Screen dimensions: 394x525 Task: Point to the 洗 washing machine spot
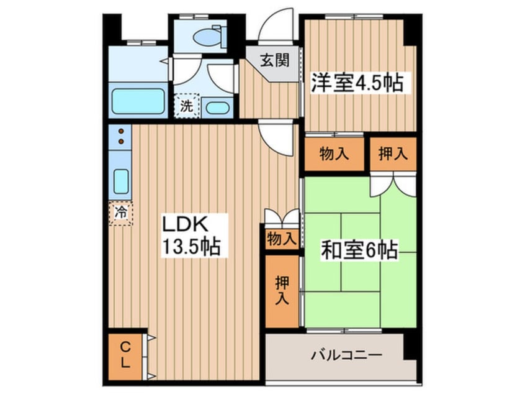point(186,105)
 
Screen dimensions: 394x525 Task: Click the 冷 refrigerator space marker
point(121,213)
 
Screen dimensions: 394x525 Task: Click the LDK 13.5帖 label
point(190,236)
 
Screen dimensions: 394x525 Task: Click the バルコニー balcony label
point(346,356)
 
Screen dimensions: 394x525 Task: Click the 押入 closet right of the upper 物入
point(393,154)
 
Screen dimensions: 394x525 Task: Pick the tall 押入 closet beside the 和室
point(281,290)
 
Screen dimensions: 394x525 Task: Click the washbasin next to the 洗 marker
point(217,107)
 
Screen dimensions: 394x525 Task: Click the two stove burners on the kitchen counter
point(121,136)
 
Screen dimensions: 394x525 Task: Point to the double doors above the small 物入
point(280,218)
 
